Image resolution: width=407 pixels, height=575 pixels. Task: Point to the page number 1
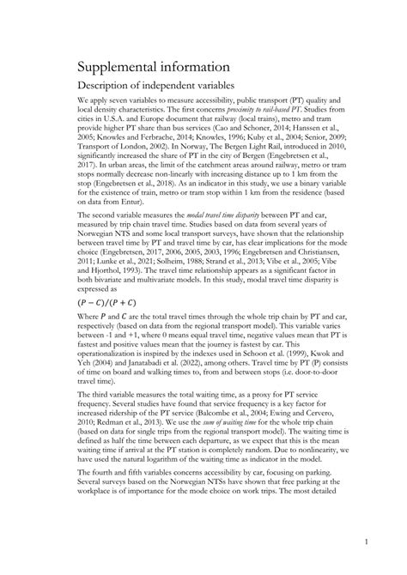coord(367,542)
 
